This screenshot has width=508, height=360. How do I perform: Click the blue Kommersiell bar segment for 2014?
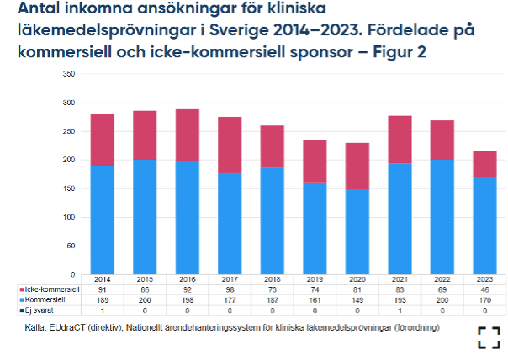(102, 219)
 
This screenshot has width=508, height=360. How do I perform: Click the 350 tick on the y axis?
(70, 74)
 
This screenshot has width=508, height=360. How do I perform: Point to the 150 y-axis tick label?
(70, 188)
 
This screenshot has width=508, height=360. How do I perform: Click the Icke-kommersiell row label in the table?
(48, 289)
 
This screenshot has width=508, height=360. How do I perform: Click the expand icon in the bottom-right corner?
(489, 337)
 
